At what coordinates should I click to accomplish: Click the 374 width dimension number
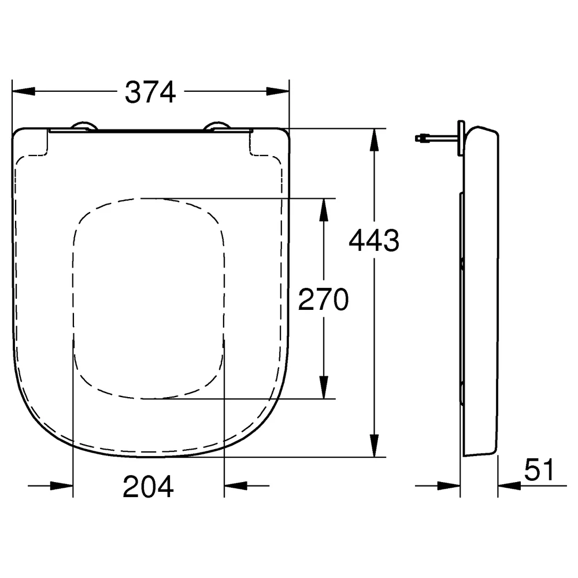pyautogui.click(x=150, y=92)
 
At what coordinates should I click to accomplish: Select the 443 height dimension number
pyautogui.click(x=374, y=240)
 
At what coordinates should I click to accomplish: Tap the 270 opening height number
pyautogui.click(x=323, y=299)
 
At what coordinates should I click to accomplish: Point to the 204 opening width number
pyautogui.click(x=148, y=486)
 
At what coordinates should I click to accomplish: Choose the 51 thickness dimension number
pyautogui.click(x=539, y=469)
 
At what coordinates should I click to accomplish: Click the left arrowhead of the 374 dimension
pyautogui.click(x=23, y=91)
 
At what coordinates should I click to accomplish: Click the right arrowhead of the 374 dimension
pyautogui.click(x=278, y=91)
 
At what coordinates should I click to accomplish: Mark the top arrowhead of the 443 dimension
pyautogui.click(x=374, y=140)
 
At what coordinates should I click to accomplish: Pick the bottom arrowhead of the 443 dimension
pyautogui.click(x=374, y=446)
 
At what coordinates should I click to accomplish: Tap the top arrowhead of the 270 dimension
pyautogui.click(x=324, y=210)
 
